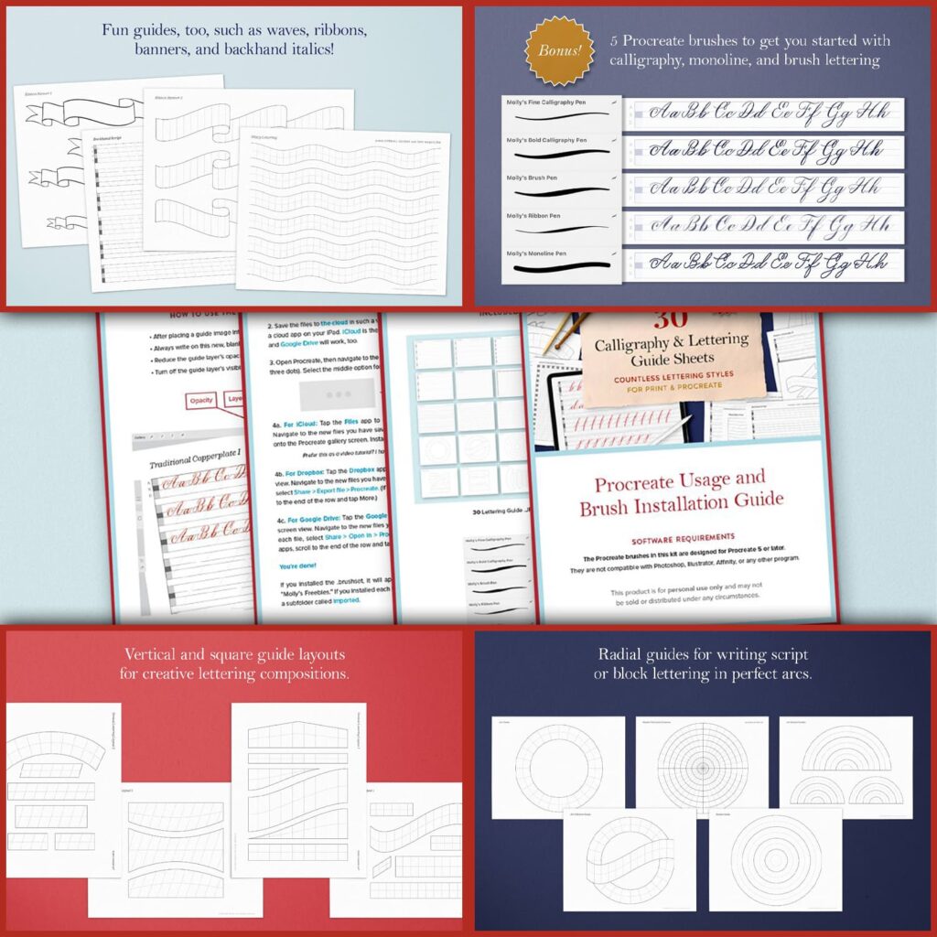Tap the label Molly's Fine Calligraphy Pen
547,103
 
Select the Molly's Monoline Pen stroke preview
558,267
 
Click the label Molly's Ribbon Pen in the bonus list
536,216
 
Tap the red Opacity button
200,401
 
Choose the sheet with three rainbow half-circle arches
845,767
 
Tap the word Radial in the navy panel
621,654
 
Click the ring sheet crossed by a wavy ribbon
629,860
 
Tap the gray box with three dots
335,395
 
